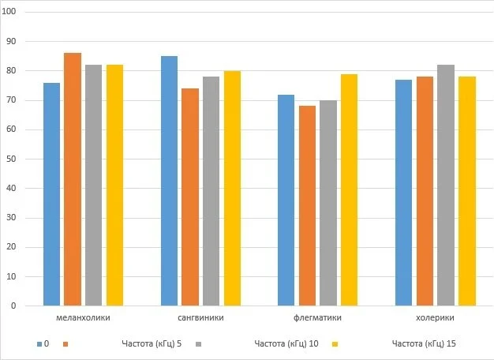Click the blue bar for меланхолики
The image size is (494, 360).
tap(52, 194)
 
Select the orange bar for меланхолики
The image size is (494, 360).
tap(73, 179)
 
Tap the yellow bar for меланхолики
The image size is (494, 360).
tap(114, 186)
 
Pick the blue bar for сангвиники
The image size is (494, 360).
tap(170, 181)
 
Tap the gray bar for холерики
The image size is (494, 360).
tap(446, 186)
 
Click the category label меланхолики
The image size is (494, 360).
tap(84, 318)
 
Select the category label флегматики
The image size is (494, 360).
tap(318, 318)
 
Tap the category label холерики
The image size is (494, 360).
tap(435, 318)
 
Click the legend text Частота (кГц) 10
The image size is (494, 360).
tap(286, 344)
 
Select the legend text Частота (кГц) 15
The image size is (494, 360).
tap(424, 344)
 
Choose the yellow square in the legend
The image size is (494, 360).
tap(335, 344)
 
